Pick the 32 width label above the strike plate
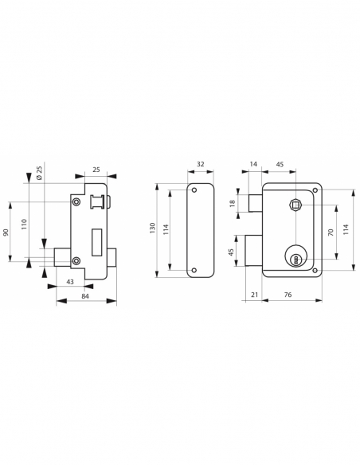pyautogui.click(x=200, y=165)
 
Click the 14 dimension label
pyautogui.click(x=254, y=165)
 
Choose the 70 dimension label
pyautogui.click(x=329, y=232)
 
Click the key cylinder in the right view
pyautogui.click(x=295, y=257)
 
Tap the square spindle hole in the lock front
pyautogui.click(x=295, y=206)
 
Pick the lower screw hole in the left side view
pyautogui.click(x=76, y=261)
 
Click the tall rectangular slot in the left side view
pyautogui.click(x=96, y=236)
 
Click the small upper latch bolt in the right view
pyautogui.click(x=256, y=204)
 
